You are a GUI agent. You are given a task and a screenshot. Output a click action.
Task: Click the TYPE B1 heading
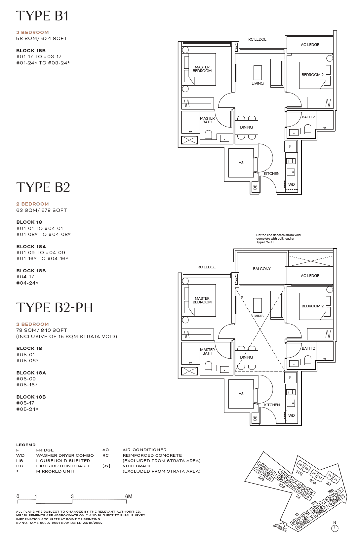[42, 16]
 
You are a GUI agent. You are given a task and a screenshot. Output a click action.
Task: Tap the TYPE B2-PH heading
[55, 308]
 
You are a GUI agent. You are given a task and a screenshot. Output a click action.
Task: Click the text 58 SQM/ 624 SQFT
[42, 38]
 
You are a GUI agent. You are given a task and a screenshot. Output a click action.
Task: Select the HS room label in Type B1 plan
[241, 163]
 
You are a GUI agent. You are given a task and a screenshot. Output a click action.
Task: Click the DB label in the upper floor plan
[255, 187]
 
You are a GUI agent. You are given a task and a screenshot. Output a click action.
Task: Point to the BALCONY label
[261, 269]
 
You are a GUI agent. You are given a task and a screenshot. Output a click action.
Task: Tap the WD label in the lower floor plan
[291, 415]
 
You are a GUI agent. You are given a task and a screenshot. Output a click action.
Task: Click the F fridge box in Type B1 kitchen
[290, 146]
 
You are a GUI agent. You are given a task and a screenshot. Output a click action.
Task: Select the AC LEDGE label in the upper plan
[310, 45]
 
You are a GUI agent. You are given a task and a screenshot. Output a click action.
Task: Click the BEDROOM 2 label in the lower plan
[312, 306]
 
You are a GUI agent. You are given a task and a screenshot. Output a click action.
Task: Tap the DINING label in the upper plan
[246, 127]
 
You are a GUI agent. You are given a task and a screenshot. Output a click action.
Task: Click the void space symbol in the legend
[106, 466]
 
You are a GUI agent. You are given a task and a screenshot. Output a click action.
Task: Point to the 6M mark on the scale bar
[129, 496]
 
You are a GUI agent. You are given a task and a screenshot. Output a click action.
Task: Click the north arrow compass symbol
[335, 528]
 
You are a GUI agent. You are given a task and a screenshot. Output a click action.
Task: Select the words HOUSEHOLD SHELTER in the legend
[63, 461]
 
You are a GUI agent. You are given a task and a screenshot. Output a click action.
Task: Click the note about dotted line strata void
[278, 239]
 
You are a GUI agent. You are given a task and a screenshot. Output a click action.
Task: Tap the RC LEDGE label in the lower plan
[207, 267]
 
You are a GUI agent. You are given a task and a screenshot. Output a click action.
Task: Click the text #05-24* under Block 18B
[27, 409]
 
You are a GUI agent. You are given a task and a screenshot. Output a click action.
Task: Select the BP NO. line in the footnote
[59, 523]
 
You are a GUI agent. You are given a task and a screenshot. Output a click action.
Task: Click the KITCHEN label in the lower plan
[272, 405]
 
